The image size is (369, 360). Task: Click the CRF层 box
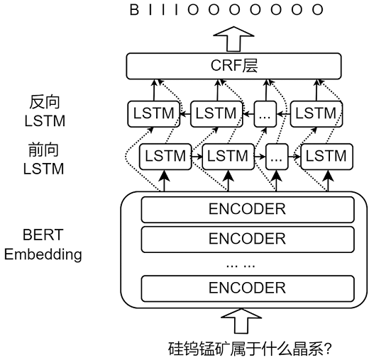(233, 66)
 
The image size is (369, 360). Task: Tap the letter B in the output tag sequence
(134, 10)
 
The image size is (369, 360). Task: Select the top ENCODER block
(248, 209)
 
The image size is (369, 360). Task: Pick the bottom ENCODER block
(248, 288)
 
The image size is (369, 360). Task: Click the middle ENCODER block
(248, 239)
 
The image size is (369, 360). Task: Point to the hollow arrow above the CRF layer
(233, 39)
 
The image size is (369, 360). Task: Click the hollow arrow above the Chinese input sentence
(241, 320)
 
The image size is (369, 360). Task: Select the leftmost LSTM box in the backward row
(154, 114)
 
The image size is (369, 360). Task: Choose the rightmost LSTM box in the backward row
(316, 114)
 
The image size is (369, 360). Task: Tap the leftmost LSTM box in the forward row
(165, 157)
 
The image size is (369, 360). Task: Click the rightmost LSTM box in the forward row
(326, 157)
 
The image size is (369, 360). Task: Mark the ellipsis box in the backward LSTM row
(265, 114)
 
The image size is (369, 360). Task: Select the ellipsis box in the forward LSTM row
(277, 157)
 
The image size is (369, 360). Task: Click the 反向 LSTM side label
(45, 111)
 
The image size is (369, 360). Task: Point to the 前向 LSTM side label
(43, 159)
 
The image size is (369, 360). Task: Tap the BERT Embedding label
(43, 245)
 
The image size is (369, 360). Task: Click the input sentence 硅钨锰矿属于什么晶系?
(250, 349)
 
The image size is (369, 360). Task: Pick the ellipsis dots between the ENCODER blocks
(241, 266)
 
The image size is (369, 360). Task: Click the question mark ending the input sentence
(328, 349)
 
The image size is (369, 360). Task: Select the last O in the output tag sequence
(318, 10)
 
